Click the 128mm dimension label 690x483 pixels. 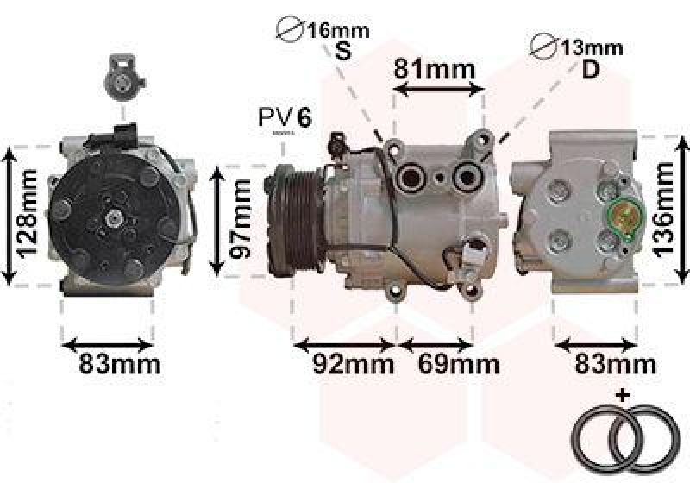click(x=26, y=214)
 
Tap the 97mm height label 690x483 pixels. click(x=241, y=219)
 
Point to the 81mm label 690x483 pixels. click(x=435, y=69)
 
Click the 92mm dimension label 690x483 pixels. click(x=354, y=364)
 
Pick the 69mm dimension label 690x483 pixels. click(x=459, y=364)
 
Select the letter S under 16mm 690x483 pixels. click(x=343, y=51)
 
